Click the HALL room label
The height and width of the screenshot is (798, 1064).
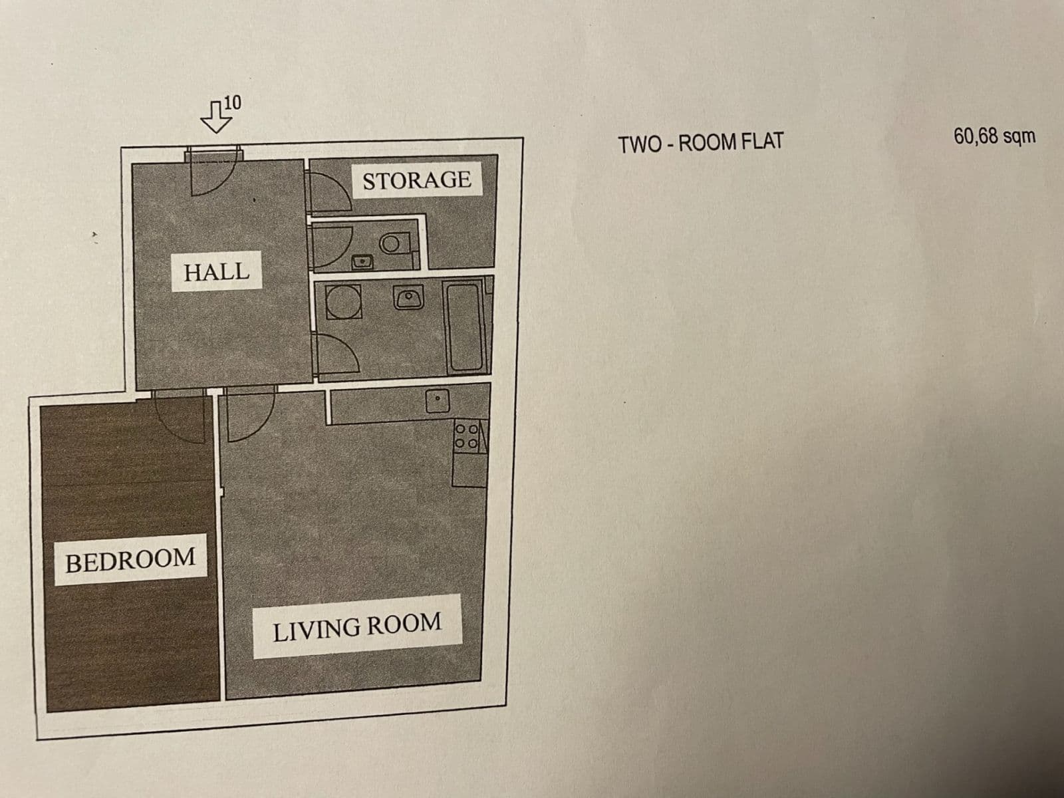point(216,271)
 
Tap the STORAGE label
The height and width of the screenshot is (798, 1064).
point(416,180)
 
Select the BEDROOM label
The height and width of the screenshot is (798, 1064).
point(130,560)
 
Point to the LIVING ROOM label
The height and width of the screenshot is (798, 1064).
point(357,626)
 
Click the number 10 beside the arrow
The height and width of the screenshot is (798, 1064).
point(233,102)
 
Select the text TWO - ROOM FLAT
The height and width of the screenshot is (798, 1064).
point(701,142)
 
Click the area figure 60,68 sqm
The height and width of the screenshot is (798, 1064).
point(994,136)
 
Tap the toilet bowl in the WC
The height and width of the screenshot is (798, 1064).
point(394,243)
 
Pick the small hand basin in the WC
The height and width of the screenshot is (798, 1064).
point(362,261)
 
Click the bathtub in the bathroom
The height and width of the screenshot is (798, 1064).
point(465,327)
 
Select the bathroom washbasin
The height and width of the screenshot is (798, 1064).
point(408,297)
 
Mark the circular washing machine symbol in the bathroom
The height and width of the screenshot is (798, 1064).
point(343,303)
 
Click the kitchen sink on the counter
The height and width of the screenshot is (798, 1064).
point(437,400)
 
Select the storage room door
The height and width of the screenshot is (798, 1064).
point(327,191)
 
